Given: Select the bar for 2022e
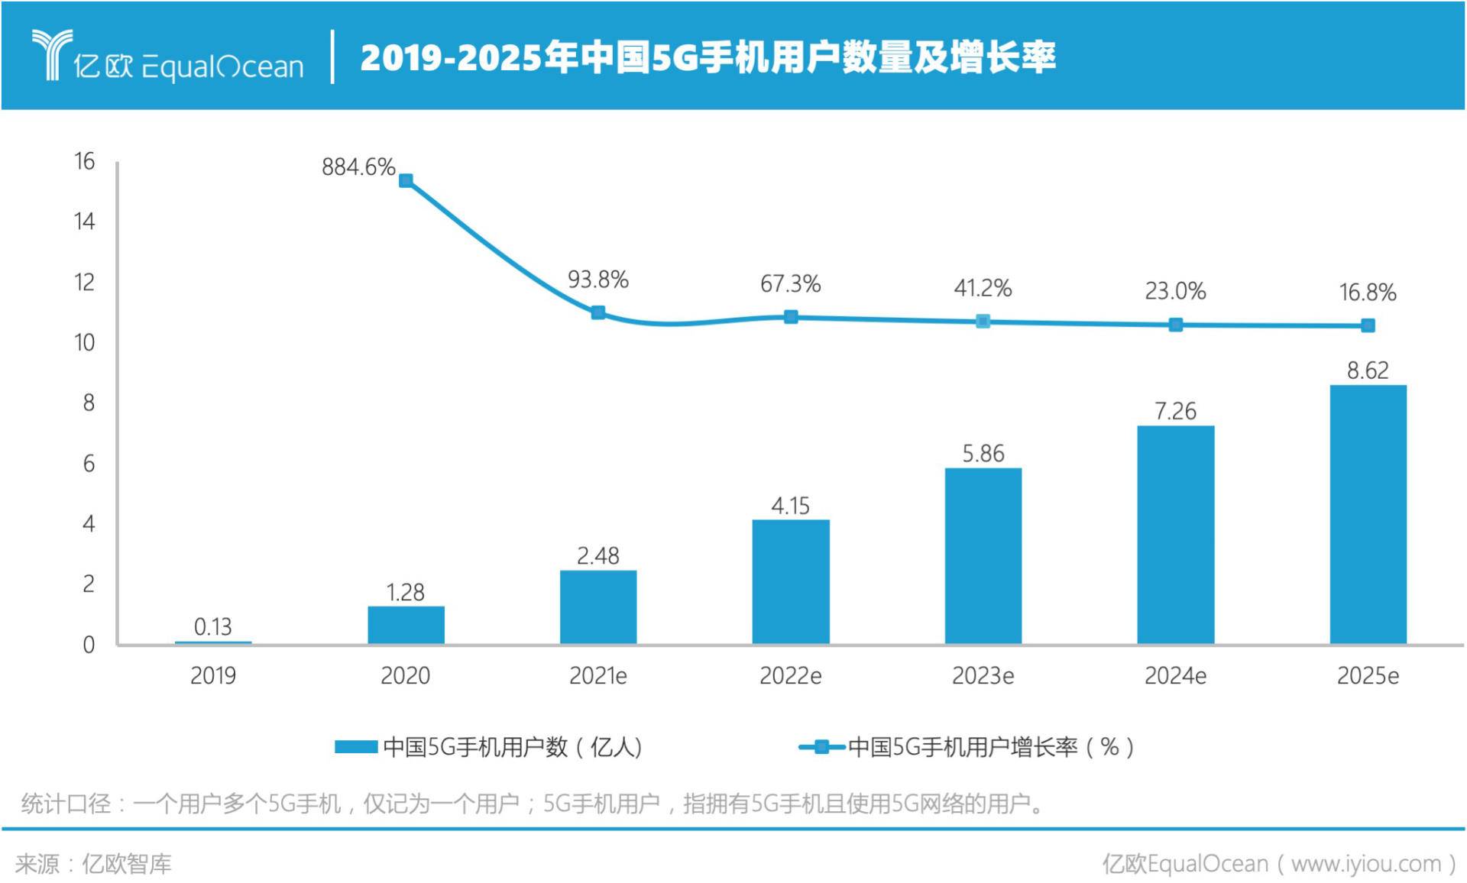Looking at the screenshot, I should [790, 581].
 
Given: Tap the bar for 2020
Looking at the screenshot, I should [406, 625].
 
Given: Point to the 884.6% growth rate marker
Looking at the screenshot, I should [406, 181].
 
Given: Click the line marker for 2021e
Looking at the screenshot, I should [598, 312].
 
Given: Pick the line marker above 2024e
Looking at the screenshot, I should [1176, 325].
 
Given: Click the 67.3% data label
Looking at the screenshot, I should [790, 284].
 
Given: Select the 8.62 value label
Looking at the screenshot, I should [1368, 370].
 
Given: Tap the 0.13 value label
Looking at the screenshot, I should [212, 627].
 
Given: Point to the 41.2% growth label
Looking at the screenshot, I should [983, 288].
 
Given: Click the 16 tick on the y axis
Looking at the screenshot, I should [84, 161].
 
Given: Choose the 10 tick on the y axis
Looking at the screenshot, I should [84, 342].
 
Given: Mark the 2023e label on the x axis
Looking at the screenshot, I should [983, 676].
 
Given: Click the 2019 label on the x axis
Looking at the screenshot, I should [212, 676].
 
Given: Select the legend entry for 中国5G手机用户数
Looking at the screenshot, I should [489, 746].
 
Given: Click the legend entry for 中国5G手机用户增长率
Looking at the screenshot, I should [967, 746].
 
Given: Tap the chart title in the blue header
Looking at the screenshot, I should [708, 57].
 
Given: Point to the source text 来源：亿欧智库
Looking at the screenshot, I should [93, 864].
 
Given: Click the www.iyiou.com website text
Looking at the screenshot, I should [1365, 864].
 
